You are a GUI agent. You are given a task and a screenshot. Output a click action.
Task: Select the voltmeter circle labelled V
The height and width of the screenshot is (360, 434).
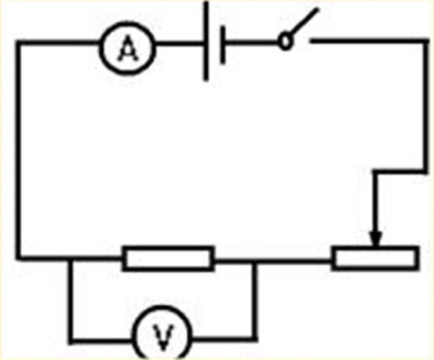coord(134,332)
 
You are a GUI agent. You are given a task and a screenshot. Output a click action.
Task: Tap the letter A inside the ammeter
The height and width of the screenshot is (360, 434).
coord(127,49)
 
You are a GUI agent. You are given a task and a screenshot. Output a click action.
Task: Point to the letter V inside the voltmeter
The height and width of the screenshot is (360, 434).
coord(163,337)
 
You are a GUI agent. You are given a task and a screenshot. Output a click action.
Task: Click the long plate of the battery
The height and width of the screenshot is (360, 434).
coord(206,41)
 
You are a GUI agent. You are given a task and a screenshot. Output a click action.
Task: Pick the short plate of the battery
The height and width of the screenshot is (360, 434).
coord(222,45)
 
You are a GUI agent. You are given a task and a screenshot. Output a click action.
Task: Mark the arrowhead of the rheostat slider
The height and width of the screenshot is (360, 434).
coord(376,238)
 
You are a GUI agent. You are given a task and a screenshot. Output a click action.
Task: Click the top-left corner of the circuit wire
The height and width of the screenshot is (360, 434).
coord(18,42)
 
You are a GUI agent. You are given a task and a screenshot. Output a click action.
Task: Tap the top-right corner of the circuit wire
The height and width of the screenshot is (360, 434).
coord(426,42)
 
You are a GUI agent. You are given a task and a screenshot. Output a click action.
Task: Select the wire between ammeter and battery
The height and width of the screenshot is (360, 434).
coord(179,43)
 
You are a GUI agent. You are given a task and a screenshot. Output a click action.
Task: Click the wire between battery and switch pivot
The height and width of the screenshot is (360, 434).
coord(252,42)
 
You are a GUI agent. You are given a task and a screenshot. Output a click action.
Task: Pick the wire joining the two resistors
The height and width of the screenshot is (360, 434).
coord(272,260)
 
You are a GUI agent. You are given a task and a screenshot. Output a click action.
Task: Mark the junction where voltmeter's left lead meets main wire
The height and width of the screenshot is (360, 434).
coord(71,259)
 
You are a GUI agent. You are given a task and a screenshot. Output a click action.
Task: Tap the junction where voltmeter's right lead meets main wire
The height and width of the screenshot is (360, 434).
coord(254,260)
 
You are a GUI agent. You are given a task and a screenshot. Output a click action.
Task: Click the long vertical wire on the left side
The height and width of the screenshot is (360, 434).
coord(18,150)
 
